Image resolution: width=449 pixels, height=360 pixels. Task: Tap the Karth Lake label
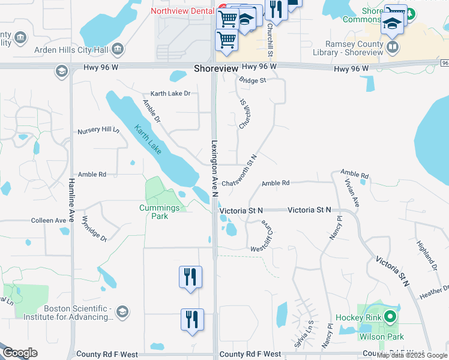point(147,139)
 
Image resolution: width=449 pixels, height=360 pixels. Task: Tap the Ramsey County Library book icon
point(393,47)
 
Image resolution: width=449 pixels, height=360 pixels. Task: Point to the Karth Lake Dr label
point(170,94)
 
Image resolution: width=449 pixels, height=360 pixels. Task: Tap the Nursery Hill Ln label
point(98,130)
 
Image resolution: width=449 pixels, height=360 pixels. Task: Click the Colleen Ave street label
point(49,221)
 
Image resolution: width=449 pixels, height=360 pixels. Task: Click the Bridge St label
point(252,80)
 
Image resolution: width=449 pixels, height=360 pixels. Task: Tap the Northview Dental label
point(183,11)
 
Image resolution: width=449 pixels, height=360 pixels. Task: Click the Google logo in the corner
point(20,353)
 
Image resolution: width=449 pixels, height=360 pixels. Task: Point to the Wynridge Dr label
point(94,229)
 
